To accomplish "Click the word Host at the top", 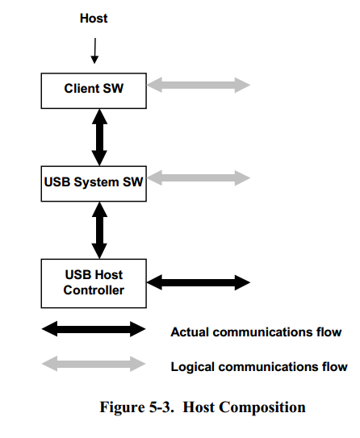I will [x=94, y=19].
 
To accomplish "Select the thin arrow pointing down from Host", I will [x=94, y=51].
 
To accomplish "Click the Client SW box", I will [x=94, y=89].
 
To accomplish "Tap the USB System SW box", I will [x=94, y=182].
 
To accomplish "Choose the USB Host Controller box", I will [x=94, y=282].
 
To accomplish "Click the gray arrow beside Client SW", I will [x=199, y=84].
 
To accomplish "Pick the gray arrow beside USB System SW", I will [x=199, y=177].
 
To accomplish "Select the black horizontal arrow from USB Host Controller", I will [x=199, y=282].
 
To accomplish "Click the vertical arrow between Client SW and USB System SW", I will [x=99, y=136].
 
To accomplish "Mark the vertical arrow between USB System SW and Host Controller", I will [x=99, y=229].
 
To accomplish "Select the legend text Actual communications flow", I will [x=256, y=332].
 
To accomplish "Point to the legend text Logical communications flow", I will [x=259, y=367].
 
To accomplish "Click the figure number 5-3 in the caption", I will [x=162, y=407].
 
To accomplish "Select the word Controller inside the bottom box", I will [x=94, y=290].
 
